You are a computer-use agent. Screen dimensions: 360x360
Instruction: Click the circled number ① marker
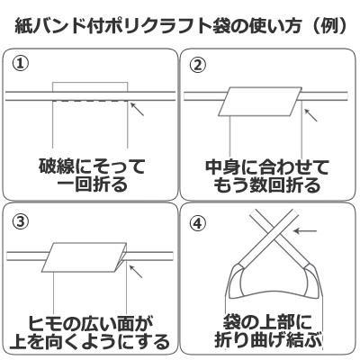pyautogui.click(x=20, y=64)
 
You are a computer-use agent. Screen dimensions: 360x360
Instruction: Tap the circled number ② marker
pyautogui.click(x=198, y=66)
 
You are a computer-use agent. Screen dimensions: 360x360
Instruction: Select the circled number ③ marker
pyautogui.click(x=21, y=222)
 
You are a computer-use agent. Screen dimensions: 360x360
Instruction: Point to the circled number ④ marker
pyautogui.click(x=198, y=224)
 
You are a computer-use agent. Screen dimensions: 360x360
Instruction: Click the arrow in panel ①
pyautogui.click(x=137, y=109)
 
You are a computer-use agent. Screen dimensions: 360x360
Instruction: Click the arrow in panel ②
pyautogui.click(x=311, y=115)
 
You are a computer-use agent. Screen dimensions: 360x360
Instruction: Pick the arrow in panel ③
pyautogui.click(x=136, y=271)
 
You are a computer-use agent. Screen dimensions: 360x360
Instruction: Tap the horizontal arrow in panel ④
pyautogui.click(x=304, y=230)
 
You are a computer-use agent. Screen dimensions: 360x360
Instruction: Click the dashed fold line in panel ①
pyautogui.click(x=90, y=102)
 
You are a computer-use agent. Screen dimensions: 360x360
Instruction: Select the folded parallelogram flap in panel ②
pyautogui.click(x=260, y=102)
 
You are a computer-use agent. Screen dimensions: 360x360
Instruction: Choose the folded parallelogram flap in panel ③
pyautogui.click(x=85, y=256)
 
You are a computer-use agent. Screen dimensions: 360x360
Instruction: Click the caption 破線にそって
pyautogui.click(x=92, y=166)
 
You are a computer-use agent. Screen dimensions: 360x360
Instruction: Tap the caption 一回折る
pyautogui.click(x=93, y=185)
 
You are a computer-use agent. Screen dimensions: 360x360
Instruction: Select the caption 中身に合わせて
pyautogui.click(x=267, y=167)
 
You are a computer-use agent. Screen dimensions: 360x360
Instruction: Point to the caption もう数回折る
pyautogui.click(x=267, y=185)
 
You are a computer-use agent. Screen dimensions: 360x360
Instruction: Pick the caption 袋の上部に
pyautogui.click(x=268, y=323)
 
